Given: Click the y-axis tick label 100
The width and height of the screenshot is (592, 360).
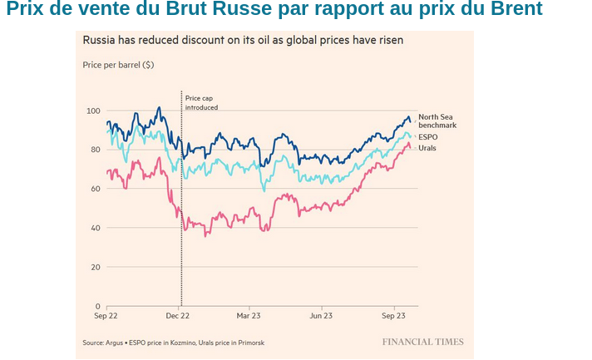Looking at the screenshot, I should pyautogui.click(x=93, y=111).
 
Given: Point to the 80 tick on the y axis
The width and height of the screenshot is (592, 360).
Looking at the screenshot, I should pyautogui.click(x=95, y=150).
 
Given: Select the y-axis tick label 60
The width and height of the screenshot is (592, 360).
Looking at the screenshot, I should pyautogui.click(x=95, y=189).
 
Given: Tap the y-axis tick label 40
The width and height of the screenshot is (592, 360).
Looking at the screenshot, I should pyautogui.click(x=95, y=228).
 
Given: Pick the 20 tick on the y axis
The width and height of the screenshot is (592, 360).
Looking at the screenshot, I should pyautogui.click(x=95, y=267).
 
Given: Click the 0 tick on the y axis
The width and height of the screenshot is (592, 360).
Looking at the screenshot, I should pyautogui.click(x=97, y=306).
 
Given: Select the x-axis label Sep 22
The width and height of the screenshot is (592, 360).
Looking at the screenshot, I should pyautogui.click(x=106, y=317).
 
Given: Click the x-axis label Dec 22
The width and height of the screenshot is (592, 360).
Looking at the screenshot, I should pyautogui.click(x=178, y=317).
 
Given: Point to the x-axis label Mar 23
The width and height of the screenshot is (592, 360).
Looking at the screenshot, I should pyautogui.click(x=249, y=317).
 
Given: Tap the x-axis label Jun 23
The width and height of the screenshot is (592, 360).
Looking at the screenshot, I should pyautogui.click(x=322, y=317).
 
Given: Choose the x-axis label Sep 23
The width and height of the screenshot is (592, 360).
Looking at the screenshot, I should pyautogui.click(x=393, y=317).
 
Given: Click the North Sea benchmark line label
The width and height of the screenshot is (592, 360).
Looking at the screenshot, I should pyautogui.click(x=437, y=121).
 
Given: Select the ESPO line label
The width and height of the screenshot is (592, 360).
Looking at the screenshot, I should pyautogui.click(x=427, y=136).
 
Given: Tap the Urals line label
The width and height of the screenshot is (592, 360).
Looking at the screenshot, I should pyautogui.click(x=428, y=148).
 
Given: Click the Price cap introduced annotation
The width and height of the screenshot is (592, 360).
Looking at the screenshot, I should pyautogui.click(x=201, y=103).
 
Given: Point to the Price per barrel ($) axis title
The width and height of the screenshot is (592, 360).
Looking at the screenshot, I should pyautogui.click(x=118, y=64).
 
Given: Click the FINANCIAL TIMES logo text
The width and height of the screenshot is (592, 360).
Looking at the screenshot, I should pyautogui.click(x=422, y=342).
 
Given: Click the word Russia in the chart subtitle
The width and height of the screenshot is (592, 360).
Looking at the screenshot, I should pyautogui.click(x=100, y=40).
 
